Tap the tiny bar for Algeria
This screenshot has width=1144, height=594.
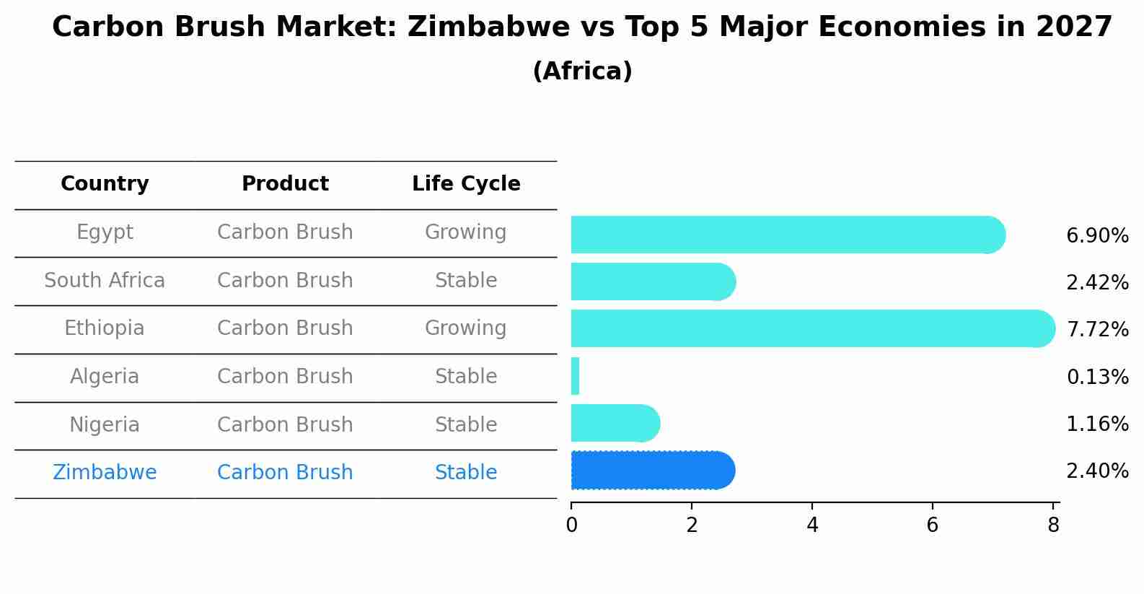[x=575, y=376]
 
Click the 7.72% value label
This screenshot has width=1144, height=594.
[x=1097, y=329]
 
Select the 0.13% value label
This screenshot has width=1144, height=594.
[x=1097, y=377]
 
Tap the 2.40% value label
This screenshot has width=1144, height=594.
[x=1097, y=471]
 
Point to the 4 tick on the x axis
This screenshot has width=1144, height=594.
[x=812, y=525]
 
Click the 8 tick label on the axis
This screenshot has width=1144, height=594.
[x=1053, y=525]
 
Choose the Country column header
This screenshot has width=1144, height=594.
[x=105, y=184]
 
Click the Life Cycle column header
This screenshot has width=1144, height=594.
[x=466, y=184]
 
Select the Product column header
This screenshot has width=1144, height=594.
[x=285, y=184]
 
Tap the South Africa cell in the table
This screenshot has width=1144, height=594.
[x=105, y=280]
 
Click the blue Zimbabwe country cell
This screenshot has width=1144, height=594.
[x=105, y=473]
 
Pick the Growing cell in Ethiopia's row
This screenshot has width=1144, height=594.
[x=465, y=328]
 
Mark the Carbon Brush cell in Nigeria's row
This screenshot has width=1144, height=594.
[x=285, y=424]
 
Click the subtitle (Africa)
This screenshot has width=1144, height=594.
[x=582, y=71]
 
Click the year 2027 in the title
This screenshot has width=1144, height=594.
[x=1074, y=27]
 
